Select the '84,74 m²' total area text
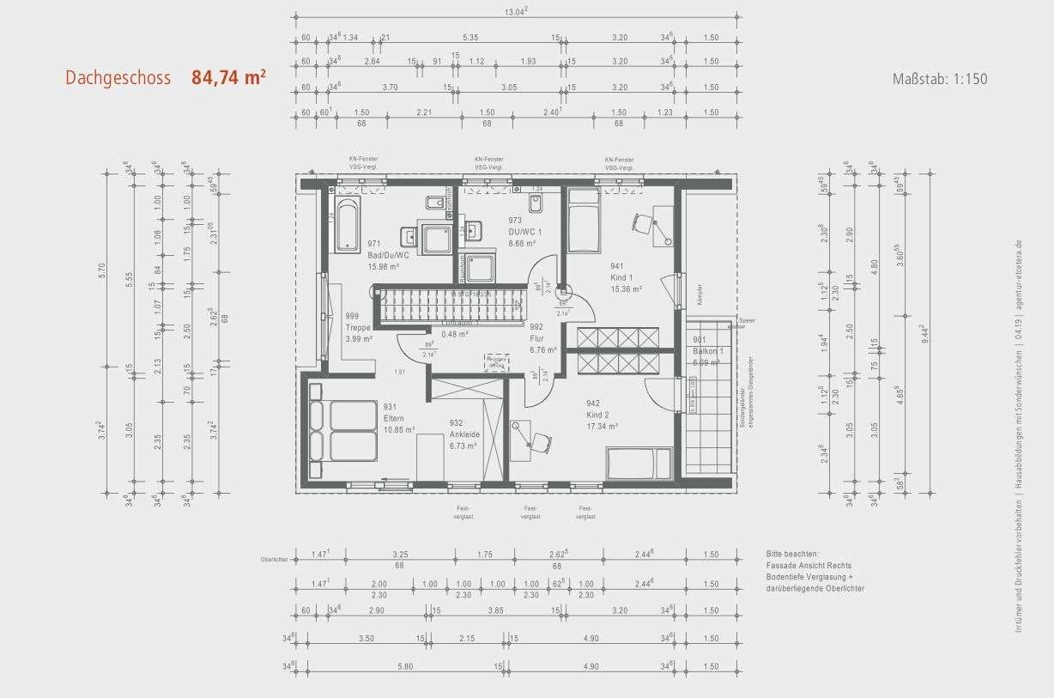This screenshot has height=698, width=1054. point(228,77)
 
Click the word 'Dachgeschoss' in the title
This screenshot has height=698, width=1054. point(118,78)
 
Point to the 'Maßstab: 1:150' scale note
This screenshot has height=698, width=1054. point(940,79)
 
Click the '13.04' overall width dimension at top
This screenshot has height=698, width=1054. point(515,11)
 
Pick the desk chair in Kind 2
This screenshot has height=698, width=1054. point(539,441)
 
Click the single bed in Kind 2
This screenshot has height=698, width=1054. point(638,463)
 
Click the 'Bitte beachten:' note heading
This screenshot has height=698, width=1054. point(794,555)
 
